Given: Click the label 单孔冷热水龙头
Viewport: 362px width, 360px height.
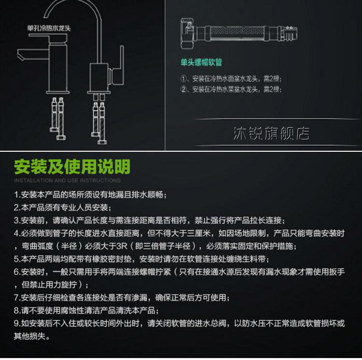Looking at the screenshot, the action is coord(49,28).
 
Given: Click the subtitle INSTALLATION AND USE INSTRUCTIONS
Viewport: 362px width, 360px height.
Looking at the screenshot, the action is coord(67,181).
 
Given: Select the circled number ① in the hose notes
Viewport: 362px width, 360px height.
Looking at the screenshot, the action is coord(183,79).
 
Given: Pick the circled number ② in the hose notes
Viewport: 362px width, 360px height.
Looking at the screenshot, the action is coord(183,89).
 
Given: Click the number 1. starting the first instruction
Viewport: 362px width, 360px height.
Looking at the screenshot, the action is coord(16,195).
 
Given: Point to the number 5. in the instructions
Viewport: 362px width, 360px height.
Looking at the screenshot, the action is coord(16,259).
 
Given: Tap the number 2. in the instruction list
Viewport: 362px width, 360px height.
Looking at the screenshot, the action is coord(16,208).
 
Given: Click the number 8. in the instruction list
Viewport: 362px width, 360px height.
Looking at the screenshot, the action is coord(16,311).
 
